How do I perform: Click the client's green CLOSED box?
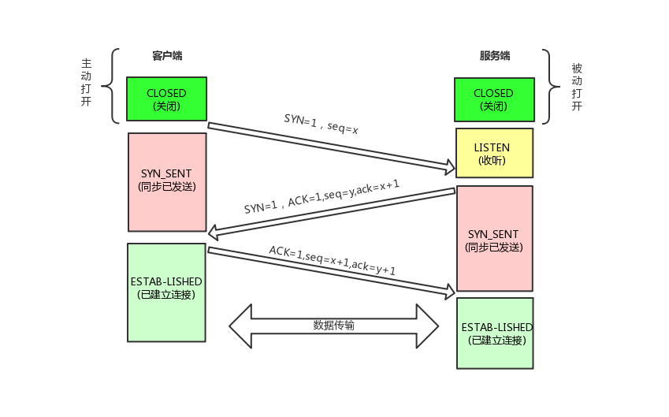pos(166,99)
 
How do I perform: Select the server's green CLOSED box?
pos(493,99)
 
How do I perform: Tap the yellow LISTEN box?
pos(493,153)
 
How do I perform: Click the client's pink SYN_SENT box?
pos(166,181)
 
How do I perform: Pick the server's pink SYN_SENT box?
pos(494,239)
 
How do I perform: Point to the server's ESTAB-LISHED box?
pos(495,333)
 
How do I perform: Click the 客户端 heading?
pos(167,56)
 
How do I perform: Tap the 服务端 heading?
pos(494,56)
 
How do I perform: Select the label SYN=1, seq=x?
pos(321,124)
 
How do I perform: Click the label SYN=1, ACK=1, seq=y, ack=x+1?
pos(321,196)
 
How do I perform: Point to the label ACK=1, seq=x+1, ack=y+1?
pos(332,259)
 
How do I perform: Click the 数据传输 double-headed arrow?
pos(333,325)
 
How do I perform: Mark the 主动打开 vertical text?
pos(87,83)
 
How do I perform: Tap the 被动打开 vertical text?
pos(577,87)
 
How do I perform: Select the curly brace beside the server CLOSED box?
pos(547,87)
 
